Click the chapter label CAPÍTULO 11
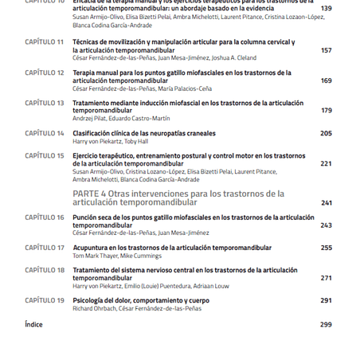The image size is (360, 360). pos(44,41)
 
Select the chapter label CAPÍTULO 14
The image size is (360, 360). pos(44,133)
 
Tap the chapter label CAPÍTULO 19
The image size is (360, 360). pos(44,300)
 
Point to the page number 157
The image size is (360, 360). pos(326,50)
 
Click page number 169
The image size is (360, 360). pos(326,80)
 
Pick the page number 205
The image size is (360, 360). pos(326,133)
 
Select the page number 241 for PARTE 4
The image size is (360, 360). pos(326,202)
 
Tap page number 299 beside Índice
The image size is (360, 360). pos(326,324)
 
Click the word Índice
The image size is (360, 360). pos(33,324)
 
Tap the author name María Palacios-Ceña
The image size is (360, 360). pos(185,88)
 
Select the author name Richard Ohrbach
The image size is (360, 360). pos(94,308)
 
